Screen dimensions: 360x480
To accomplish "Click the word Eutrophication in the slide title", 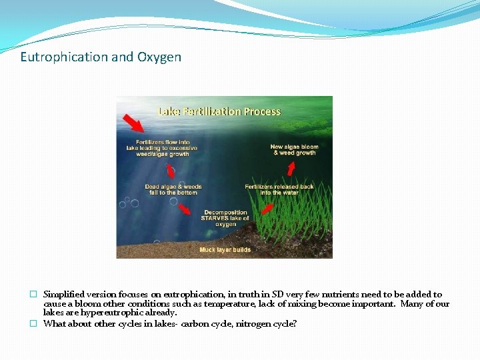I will coord(64,57).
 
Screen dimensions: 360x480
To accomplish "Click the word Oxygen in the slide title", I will coord(159,57).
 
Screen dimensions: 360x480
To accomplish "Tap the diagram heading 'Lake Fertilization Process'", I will coord(219,111).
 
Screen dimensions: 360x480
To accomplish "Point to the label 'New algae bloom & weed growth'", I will coord(294,149).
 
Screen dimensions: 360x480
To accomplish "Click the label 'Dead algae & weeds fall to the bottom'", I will coord(173,189).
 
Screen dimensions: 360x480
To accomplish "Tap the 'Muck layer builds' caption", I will coord(225,250).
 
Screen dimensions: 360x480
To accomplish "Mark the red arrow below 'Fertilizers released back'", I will coord(266,209).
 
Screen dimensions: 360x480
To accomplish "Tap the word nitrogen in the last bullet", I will coord(250,324).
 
